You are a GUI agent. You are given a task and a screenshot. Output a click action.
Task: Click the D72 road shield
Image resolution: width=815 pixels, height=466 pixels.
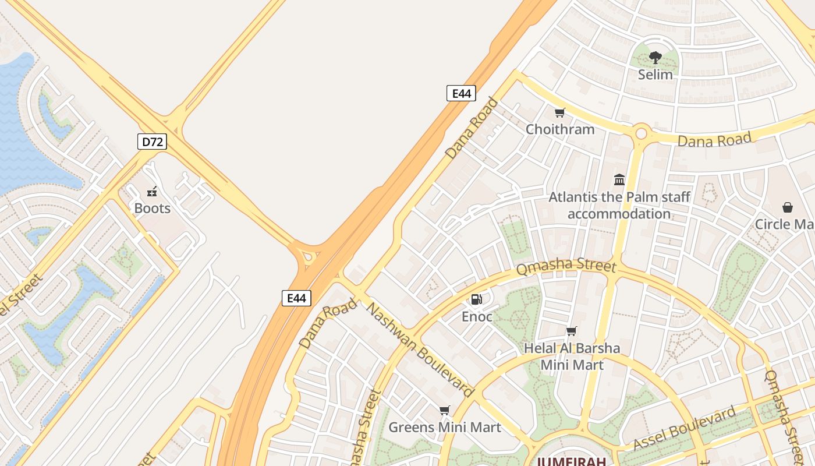(x=152, y=142)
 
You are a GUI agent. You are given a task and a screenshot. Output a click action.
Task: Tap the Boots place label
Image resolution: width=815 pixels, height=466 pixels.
(x=152, y=209)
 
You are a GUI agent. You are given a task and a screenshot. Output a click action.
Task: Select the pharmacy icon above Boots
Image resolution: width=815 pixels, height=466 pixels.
(x=152, y=191)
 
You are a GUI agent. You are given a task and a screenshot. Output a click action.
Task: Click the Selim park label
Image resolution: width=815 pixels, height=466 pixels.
(x=655, y=75)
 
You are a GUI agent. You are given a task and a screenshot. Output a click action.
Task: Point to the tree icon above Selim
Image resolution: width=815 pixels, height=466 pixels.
(x=655, y=57)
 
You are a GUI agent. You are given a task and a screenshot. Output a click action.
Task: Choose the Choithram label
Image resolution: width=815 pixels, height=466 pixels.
(x=560, y=129)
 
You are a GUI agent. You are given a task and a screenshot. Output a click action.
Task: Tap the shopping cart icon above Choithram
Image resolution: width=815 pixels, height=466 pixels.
(x=559, y=112)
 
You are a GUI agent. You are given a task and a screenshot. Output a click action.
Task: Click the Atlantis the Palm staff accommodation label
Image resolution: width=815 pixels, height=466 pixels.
(x=619, y=205)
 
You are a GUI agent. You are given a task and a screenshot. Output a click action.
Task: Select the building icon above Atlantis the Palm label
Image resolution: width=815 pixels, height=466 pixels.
(x=619, y=179)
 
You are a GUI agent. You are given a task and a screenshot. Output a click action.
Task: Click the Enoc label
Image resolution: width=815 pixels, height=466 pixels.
(x=477, y=317)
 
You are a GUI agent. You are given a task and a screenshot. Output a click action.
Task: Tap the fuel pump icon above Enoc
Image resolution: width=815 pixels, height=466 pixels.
(x=476, y=299)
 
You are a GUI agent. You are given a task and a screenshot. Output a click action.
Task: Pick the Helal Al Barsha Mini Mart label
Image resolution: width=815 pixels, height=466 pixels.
(x=572, y=356)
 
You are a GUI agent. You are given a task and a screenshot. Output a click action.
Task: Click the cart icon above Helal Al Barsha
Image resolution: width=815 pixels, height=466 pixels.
(x=572, y=331)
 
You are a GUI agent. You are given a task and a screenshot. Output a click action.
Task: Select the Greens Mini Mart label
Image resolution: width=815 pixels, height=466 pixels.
(x=444, y=428)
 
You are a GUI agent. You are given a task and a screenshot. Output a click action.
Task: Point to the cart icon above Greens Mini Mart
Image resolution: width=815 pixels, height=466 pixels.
(x=444, y=410)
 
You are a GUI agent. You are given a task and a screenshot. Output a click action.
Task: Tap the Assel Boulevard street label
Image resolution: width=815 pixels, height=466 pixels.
(x=685, y=429)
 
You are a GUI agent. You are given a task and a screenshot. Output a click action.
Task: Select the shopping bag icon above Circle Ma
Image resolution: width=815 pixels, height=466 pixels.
(x=787, y=207)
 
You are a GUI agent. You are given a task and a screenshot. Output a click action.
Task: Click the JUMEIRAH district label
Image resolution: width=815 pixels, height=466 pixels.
(x=571, y=461)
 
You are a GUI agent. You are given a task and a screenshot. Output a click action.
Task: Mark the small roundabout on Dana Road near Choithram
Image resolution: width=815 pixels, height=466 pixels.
(x=641, y=133)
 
